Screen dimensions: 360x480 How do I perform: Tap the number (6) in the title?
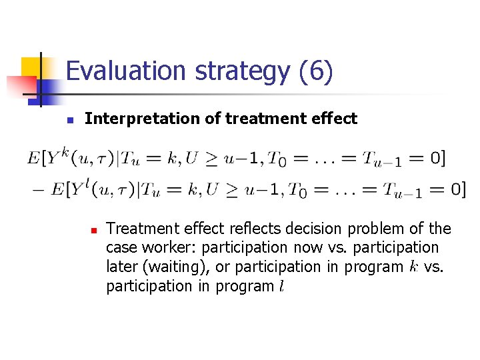pos(317,71)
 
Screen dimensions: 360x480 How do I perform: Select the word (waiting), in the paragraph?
pos(183,267)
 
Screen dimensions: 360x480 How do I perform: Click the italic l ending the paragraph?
pos(281,286)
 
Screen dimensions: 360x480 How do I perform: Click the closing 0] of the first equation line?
pos(437,158)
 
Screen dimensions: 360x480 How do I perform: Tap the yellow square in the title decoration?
pos(32,67)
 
